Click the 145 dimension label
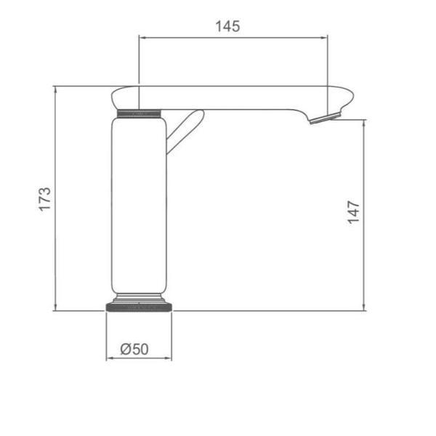coord(227,26)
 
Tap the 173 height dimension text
coord(45,199)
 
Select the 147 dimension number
coord(353,212)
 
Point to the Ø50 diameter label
coord(134,350)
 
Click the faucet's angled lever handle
coord(185,131)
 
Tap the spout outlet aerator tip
coord(325,118)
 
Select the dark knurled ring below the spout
coord(139,113)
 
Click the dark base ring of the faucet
coord(139,307)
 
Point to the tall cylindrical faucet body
coord(139,206)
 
